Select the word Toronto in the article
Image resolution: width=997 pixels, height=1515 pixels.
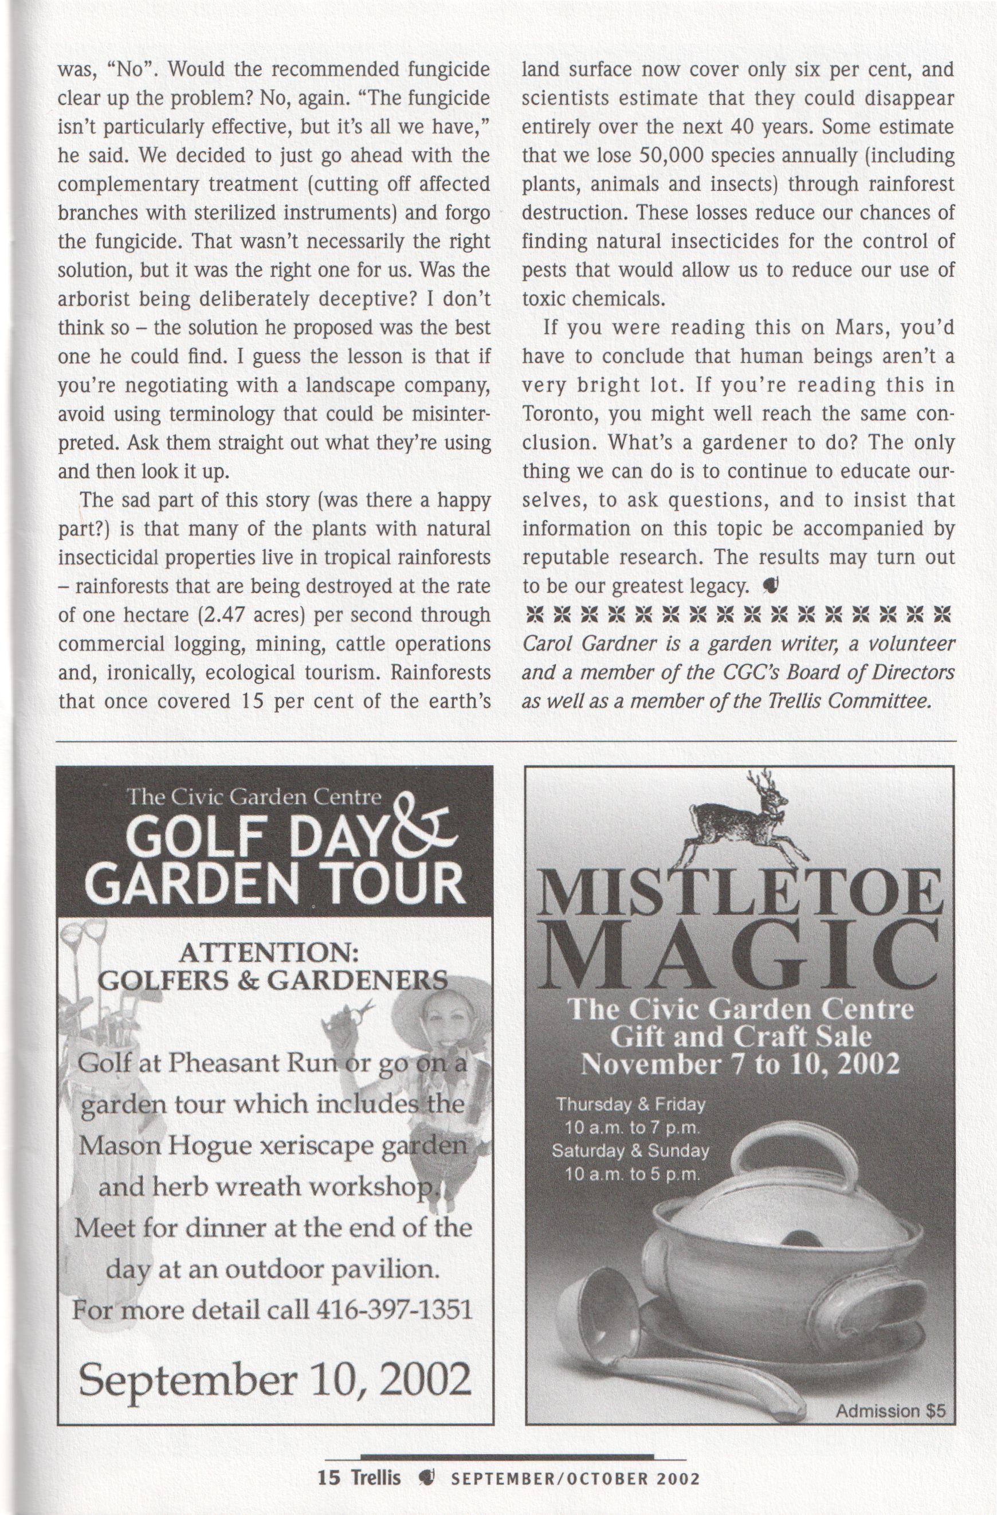point(560,414)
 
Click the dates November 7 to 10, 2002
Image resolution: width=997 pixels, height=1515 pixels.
point(741,1064)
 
